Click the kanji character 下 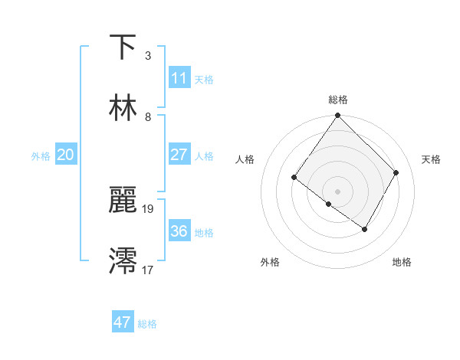[x=123, y=47]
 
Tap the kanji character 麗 [x=123, y=200]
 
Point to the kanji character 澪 [x=123, y=261]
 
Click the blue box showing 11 [x=179, y=78]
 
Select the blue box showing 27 [x=179, y=155]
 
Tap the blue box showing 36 [x=179, y=231]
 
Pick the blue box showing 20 [x=65, y=155]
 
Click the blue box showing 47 [x=123, y=322]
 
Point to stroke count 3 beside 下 [x=148, y=56]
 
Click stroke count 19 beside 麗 [x=148, y=208]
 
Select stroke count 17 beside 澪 [x=148, y=270]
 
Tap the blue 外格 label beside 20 [x=41, y=155]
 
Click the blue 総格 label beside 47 [x=147, y=324]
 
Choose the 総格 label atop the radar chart [x=338, y=100]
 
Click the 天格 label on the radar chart [x=431, y=159]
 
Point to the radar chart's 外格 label [x=270, y=263]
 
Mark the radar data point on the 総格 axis [x=337, y=116]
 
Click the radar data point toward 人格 [x=294, y=178]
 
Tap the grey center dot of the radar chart [x=337, y=191]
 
